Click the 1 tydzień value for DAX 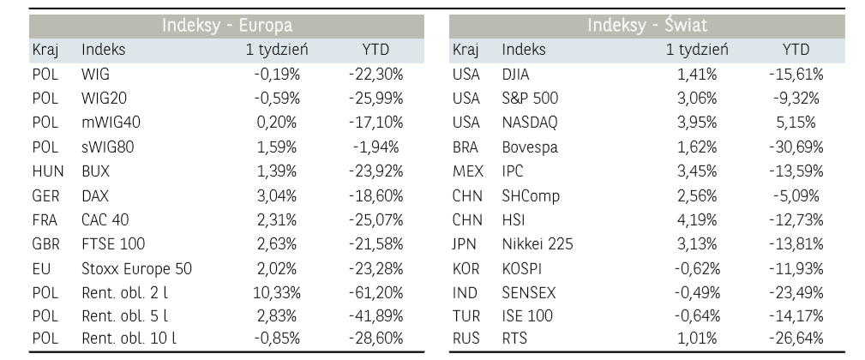pyautogui.click(x=278, y=195)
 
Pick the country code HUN pyautogui.click(x=47, y=171)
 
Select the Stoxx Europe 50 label pyautogui.click(x=136, y=268)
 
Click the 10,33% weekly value pyautogui.click(x=275, y=292)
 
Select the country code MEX pyautogui.click(x=468, y=171)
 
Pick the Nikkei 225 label pyautogui.click(x=538, y=244)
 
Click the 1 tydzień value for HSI pyautogui.click(x=697, y=219)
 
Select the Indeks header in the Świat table pyautogui.click(x=523, y=50)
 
